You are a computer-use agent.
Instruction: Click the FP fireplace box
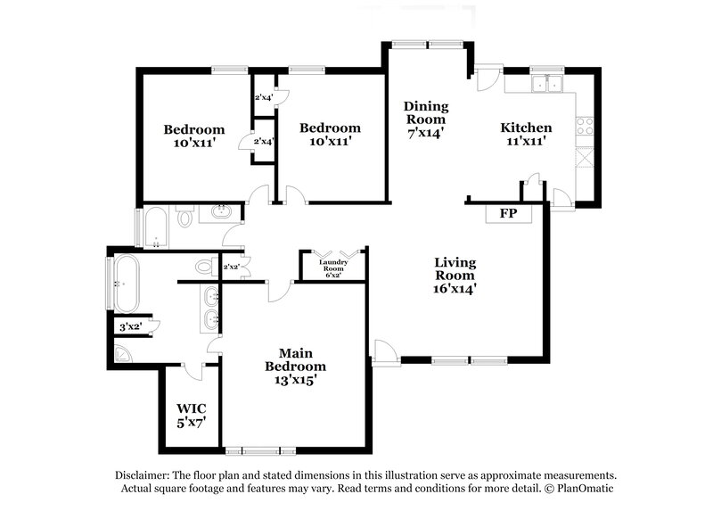point(508,214)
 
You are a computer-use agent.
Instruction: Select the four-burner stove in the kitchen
point(586,127)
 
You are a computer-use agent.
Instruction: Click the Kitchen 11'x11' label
point(526,134)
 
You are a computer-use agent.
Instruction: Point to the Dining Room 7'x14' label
point(425,119)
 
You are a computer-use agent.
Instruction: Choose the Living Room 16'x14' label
point(455,275)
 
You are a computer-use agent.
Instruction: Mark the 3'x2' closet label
point(131,327)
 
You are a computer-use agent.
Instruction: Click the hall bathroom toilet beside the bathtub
point(185,217)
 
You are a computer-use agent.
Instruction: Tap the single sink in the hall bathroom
point(220,212)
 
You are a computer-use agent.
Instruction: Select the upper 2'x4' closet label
point(264,97)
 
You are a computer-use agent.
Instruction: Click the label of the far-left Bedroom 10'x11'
point(193,135)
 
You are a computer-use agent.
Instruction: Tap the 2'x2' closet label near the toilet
point(230,267)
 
